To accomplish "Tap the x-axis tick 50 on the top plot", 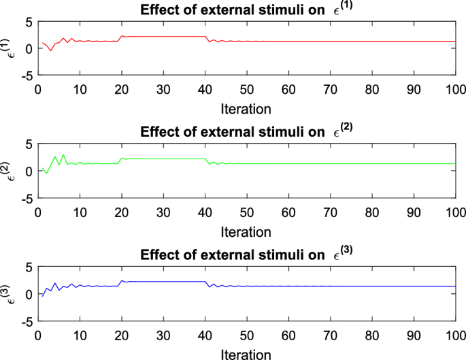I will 247,89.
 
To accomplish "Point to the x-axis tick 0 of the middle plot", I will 38,212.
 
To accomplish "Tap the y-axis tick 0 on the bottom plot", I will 29,294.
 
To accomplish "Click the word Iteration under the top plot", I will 246,108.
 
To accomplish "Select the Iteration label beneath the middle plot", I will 246,231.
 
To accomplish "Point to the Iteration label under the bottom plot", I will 246,353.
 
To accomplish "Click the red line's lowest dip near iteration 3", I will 50,51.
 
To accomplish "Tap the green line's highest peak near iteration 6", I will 63,155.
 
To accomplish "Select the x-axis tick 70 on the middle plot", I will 330,212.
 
